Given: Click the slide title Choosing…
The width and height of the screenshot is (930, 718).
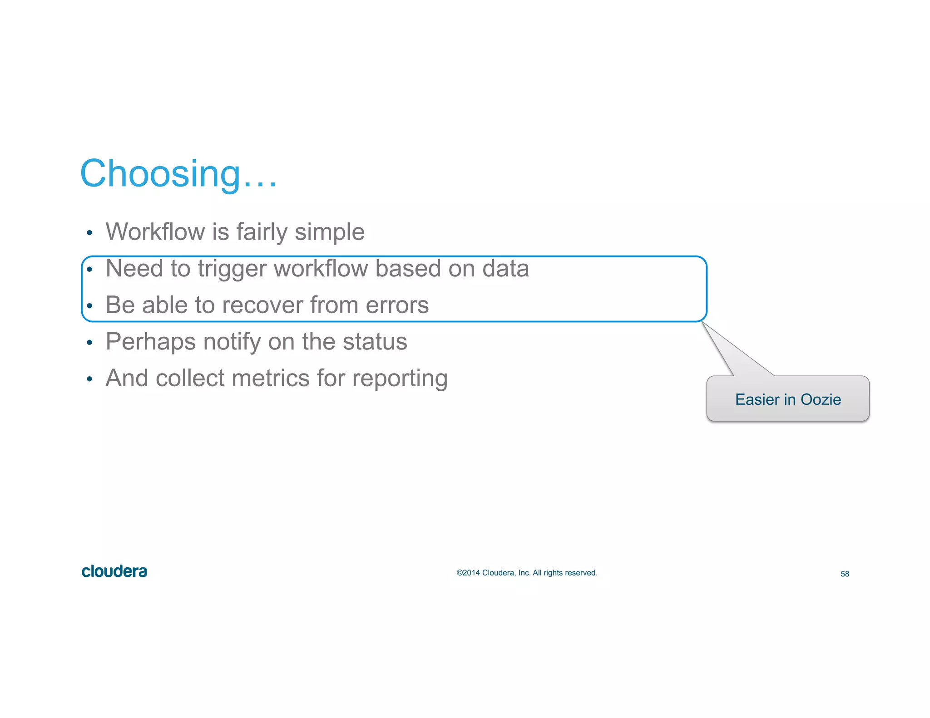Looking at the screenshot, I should (x=178, y=174).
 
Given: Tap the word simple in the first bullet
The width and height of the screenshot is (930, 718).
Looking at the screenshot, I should (x=329, y=233).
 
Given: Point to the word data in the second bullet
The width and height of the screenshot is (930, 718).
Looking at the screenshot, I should (x=505, y=268).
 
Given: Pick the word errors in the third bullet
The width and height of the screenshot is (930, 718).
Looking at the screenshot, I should (x=397, y=305).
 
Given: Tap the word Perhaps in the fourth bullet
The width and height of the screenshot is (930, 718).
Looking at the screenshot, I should (x=150, y=342).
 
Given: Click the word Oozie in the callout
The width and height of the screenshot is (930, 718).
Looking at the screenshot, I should (x=821, y=399).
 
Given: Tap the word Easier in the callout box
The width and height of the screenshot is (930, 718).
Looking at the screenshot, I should (x=757, y=399).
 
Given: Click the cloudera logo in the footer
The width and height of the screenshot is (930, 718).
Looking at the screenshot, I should (x=114, y=571).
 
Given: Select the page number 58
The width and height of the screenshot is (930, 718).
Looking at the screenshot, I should (x=845, y=574).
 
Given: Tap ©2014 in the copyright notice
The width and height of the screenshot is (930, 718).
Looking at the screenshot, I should (x=468, y=573).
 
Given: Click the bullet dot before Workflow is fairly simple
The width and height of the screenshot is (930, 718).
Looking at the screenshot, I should (x=89, y=233).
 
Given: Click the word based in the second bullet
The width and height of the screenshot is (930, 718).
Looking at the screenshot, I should (x=408, y=268).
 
